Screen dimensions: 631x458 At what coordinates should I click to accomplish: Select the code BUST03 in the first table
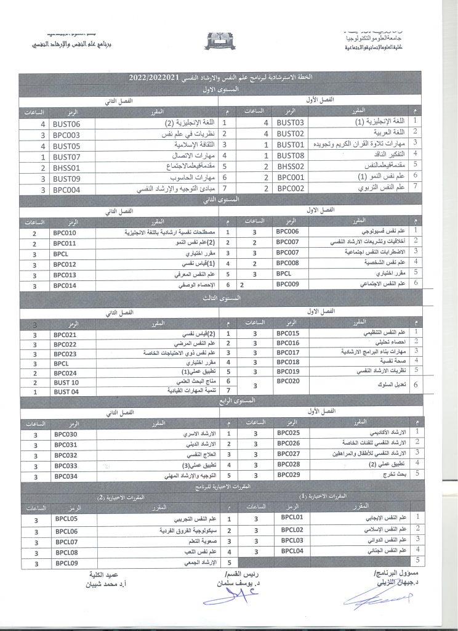click(291, 123)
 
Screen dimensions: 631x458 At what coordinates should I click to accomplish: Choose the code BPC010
click(65, 233)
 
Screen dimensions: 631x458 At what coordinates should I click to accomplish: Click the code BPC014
click(65, 285)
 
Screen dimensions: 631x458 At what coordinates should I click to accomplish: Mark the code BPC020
click(288, 382)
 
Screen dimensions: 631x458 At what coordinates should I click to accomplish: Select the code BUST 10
click(66, 382)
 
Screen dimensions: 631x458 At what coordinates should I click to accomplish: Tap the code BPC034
click(65, 476)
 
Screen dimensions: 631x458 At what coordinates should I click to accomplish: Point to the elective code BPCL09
click(65, 563)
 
